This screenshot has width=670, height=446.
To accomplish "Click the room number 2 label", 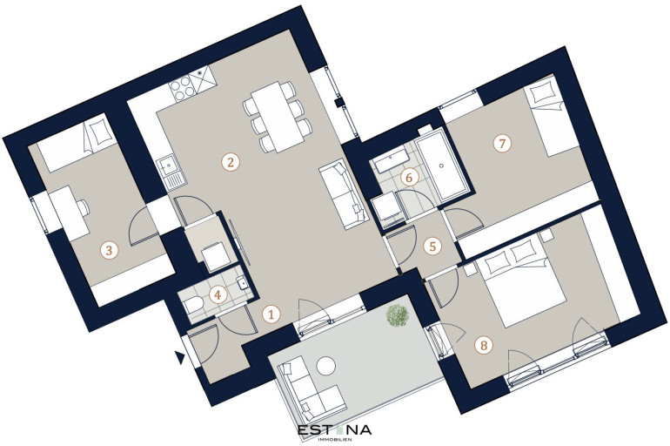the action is tap(231, 163).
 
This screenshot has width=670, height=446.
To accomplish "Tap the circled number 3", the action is tap(109, 250).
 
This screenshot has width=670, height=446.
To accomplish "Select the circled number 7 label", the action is tap(502, 143).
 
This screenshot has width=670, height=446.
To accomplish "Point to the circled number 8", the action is tap(484, 345).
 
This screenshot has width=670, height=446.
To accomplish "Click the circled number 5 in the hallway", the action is tap(432, 247).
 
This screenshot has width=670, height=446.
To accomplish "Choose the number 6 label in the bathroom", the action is tap(409, 177).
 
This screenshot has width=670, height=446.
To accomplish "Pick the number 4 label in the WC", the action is tap(218, 294).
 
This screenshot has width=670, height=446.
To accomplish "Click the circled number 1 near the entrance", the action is tap(271, 314).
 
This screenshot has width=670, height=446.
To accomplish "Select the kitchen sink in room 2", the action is tap(171, 172).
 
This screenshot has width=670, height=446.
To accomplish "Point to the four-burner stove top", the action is tap(183, 89).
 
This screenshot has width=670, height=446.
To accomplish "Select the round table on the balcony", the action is tap(325, 367).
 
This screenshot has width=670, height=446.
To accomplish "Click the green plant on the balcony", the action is tap(398, 315).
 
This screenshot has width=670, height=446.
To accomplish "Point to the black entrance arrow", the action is tap(180, 357).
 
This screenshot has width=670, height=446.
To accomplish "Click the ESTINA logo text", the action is tap(335, 429).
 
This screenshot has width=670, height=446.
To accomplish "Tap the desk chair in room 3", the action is tap(84, 208).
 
